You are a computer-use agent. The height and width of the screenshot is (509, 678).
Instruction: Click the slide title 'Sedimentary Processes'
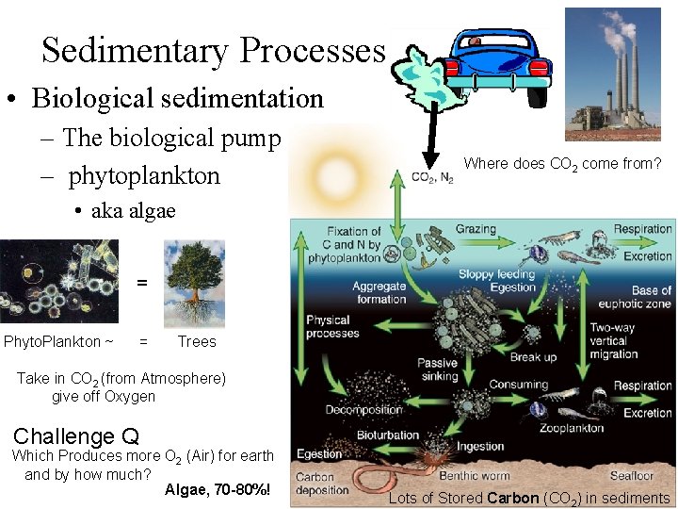tap(214, 50)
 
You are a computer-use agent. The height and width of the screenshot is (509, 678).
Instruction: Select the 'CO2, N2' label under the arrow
tap(432, 177)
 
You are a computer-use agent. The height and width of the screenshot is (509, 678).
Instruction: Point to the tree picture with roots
tap(194, 283)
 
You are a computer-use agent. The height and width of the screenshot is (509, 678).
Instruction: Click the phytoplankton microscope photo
tap(57, 283)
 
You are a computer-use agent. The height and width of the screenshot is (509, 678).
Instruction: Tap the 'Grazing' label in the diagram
tap(476, 229)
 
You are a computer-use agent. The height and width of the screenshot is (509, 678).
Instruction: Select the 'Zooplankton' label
tap(572, 428)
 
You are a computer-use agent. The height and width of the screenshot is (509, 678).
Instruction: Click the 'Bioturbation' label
tap(387, 435)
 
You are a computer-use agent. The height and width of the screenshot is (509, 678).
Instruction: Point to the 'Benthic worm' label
tap(473, 476)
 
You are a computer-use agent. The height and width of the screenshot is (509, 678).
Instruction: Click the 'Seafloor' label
tap(631, 476)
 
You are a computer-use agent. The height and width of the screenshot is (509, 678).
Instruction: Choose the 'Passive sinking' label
tap(437, 369)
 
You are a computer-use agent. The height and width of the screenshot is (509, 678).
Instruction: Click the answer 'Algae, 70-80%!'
tap(218, 490)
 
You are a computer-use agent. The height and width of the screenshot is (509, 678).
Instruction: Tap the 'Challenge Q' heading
tap(76, 436)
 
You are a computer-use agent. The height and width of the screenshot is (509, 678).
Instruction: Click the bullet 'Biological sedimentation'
tap(176, 98)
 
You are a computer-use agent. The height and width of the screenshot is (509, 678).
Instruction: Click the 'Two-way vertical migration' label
tap(613, 340)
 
